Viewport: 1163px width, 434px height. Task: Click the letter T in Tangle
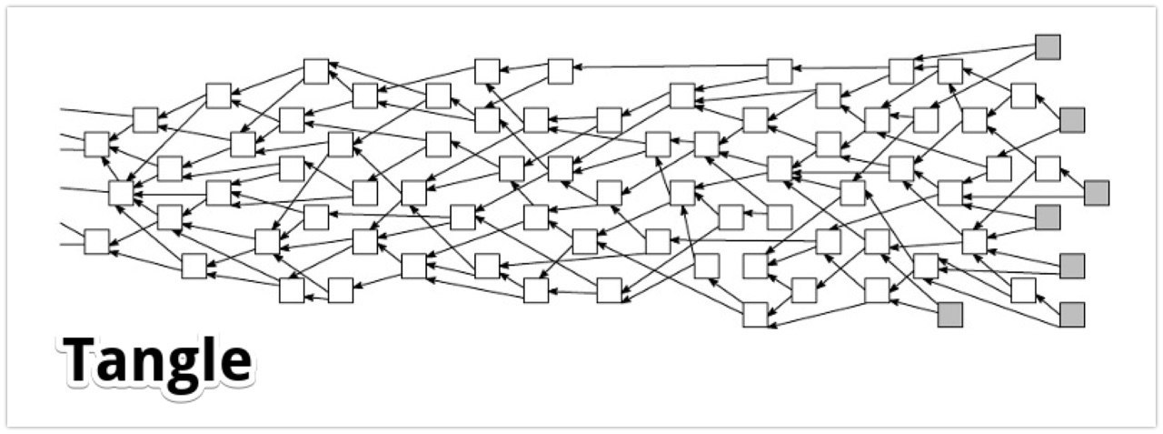79,358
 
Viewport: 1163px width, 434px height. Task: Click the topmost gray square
1048,47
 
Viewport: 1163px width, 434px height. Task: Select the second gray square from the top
1072,120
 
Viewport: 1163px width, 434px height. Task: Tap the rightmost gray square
1097,194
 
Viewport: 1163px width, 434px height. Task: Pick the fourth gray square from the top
1048,217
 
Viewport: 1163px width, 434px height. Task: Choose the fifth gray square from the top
1072,266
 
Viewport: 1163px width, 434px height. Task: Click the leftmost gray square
950,315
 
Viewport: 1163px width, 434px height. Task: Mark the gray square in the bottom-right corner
1072,315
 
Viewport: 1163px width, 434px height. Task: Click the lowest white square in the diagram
755,315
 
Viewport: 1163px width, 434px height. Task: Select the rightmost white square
1048,169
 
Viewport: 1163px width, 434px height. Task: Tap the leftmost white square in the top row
316,71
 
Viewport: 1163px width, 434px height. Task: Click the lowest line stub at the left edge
72,244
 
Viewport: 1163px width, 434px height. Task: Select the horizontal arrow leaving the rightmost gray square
1024,197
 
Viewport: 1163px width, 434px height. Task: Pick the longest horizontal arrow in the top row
671,66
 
